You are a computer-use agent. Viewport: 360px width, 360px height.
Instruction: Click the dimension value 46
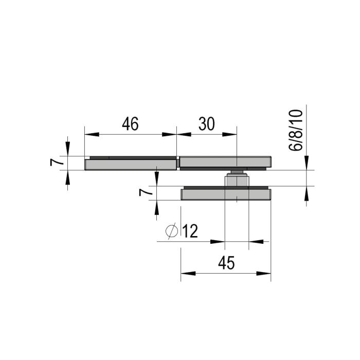(x=130, y=124)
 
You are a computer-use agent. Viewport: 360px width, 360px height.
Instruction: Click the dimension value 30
(x=207, y=124)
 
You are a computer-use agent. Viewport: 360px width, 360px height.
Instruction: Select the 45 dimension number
(x=226, y=263)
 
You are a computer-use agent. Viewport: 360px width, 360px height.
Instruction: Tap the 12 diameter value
(x=190, y=231)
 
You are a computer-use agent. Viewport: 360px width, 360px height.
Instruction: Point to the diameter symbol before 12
(x=172, y=231)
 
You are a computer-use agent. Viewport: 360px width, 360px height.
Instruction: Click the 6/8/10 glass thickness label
(x=296, y=130)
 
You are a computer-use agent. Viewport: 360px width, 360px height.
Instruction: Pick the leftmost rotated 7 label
(x=57, y=162)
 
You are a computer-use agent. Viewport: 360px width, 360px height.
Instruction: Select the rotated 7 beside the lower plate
(x=146, y=192)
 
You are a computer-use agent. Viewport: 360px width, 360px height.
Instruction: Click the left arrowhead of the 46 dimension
(x=92, y=134)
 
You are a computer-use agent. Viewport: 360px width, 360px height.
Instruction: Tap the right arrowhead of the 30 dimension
(x=229, y=134)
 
